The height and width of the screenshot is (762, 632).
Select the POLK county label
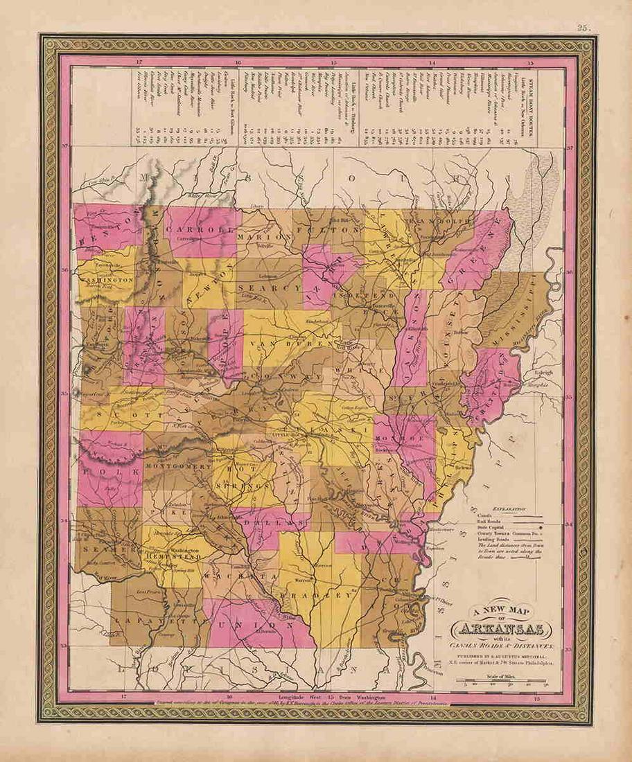coord(95,471)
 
